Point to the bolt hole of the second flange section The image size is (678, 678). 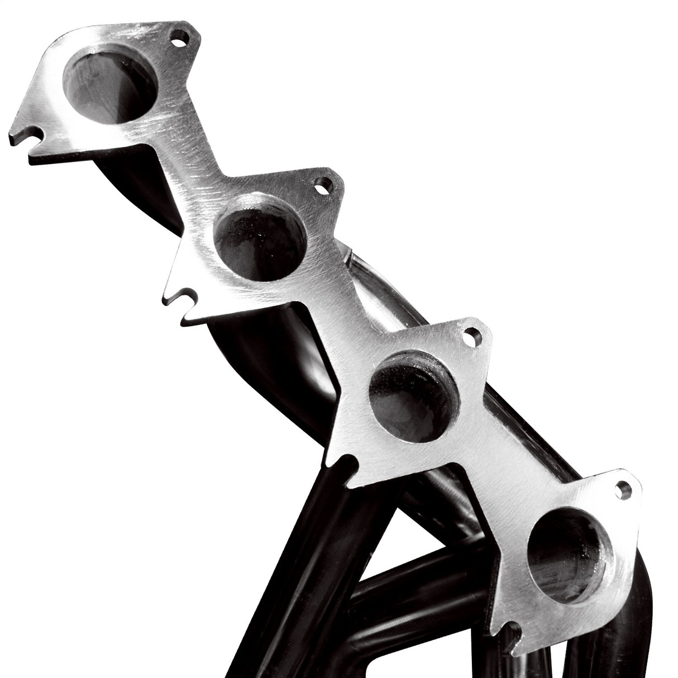[x=322, y=186]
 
